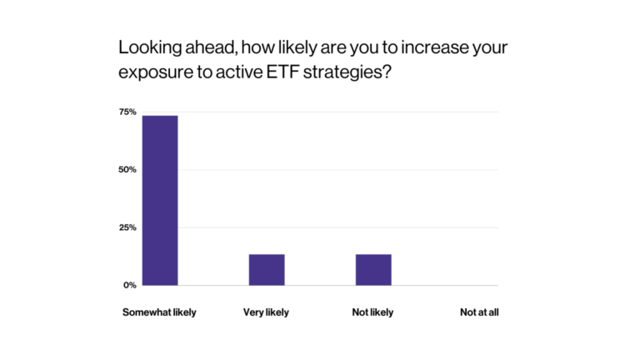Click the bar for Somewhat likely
tap(160, 200)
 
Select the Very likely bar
tap(267, 269)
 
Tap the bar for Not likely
tap(373, 269)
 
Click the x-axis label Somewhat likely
tap(159, 312)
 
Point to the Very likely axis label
tap(267, 312)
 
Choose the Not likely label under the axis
tap(372, 312)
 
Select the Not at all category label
tap(479, 312)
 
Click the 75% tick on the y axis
tap(127, 112)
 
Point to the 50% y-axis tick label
tap(127, 170)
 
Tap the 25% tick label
tap(127, 227)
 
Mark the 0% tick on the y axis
tap(129, 285)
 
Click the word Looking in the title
tap(147, 47)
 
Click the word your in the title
tap(488, 47)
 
